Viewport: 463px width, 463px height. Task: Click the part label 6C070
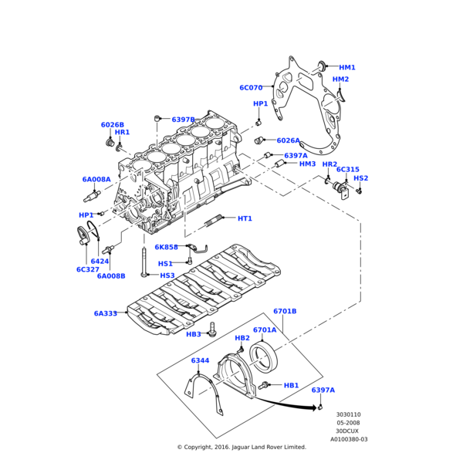[251, 88]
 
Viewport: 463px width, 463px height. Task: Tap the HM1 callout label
[347, 68]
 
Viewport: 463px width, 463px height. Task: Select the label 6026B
[112, 124]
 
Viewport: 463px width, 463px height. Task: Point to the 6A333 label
[106, 313]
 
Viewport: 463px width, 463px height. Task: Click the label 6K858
[166, 247]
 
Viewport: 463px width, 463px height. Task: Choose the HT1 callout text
[245, 218]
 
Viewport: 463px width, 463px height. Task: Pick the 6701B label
[285, 311]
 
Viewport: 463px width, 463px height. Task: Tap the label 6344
[200, 360]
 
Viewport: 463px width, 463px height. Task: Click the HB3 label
[194, 334]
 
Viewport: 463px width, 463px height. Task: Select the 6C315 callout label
[347, 169]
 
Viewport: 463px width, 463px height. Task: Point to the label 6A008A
[96, 179]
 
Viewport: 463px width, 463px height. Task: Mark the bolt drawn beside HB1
[265, 384]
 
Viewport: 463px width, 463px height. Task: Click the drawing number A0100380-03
[349, 439]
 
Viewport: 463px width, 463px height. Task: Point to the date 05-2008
[348, 423]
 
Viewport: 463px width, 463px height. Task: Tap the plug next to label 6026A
[262, 140]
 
